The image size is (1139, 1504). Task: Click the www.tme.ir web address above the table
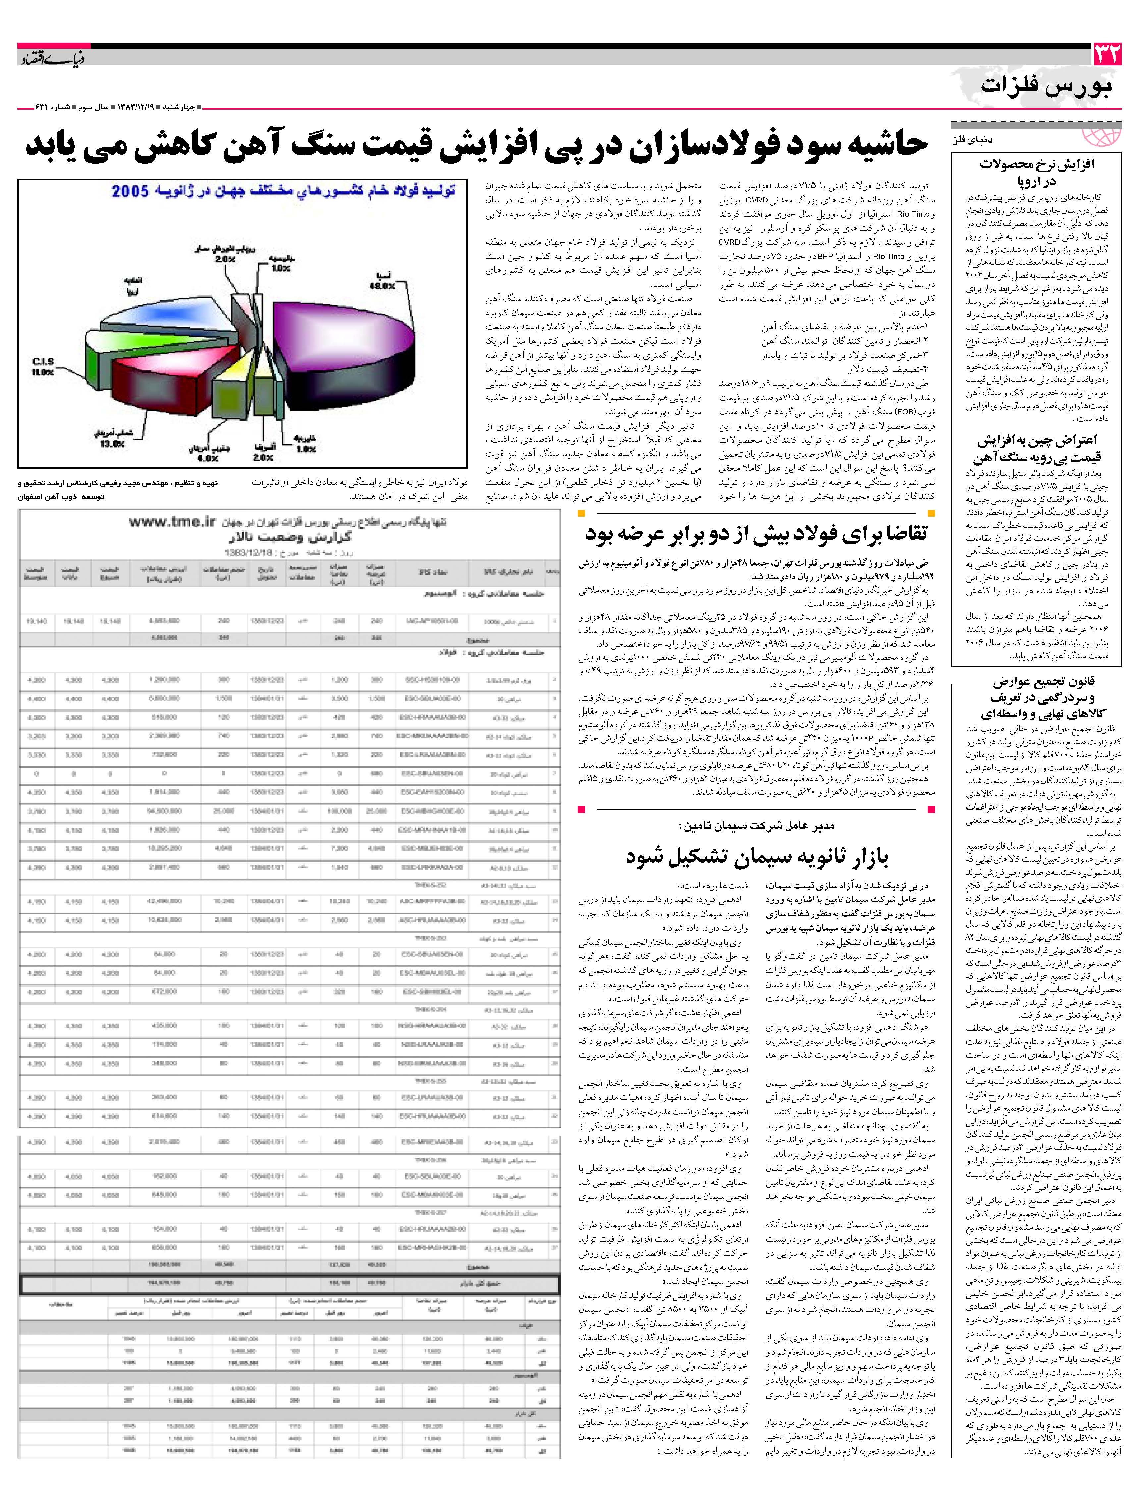pyautogui.click(x=172, y=522)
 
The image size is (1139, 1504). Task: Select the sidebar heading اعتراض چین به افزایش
pyautogui.click(x=1038, y=440)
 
